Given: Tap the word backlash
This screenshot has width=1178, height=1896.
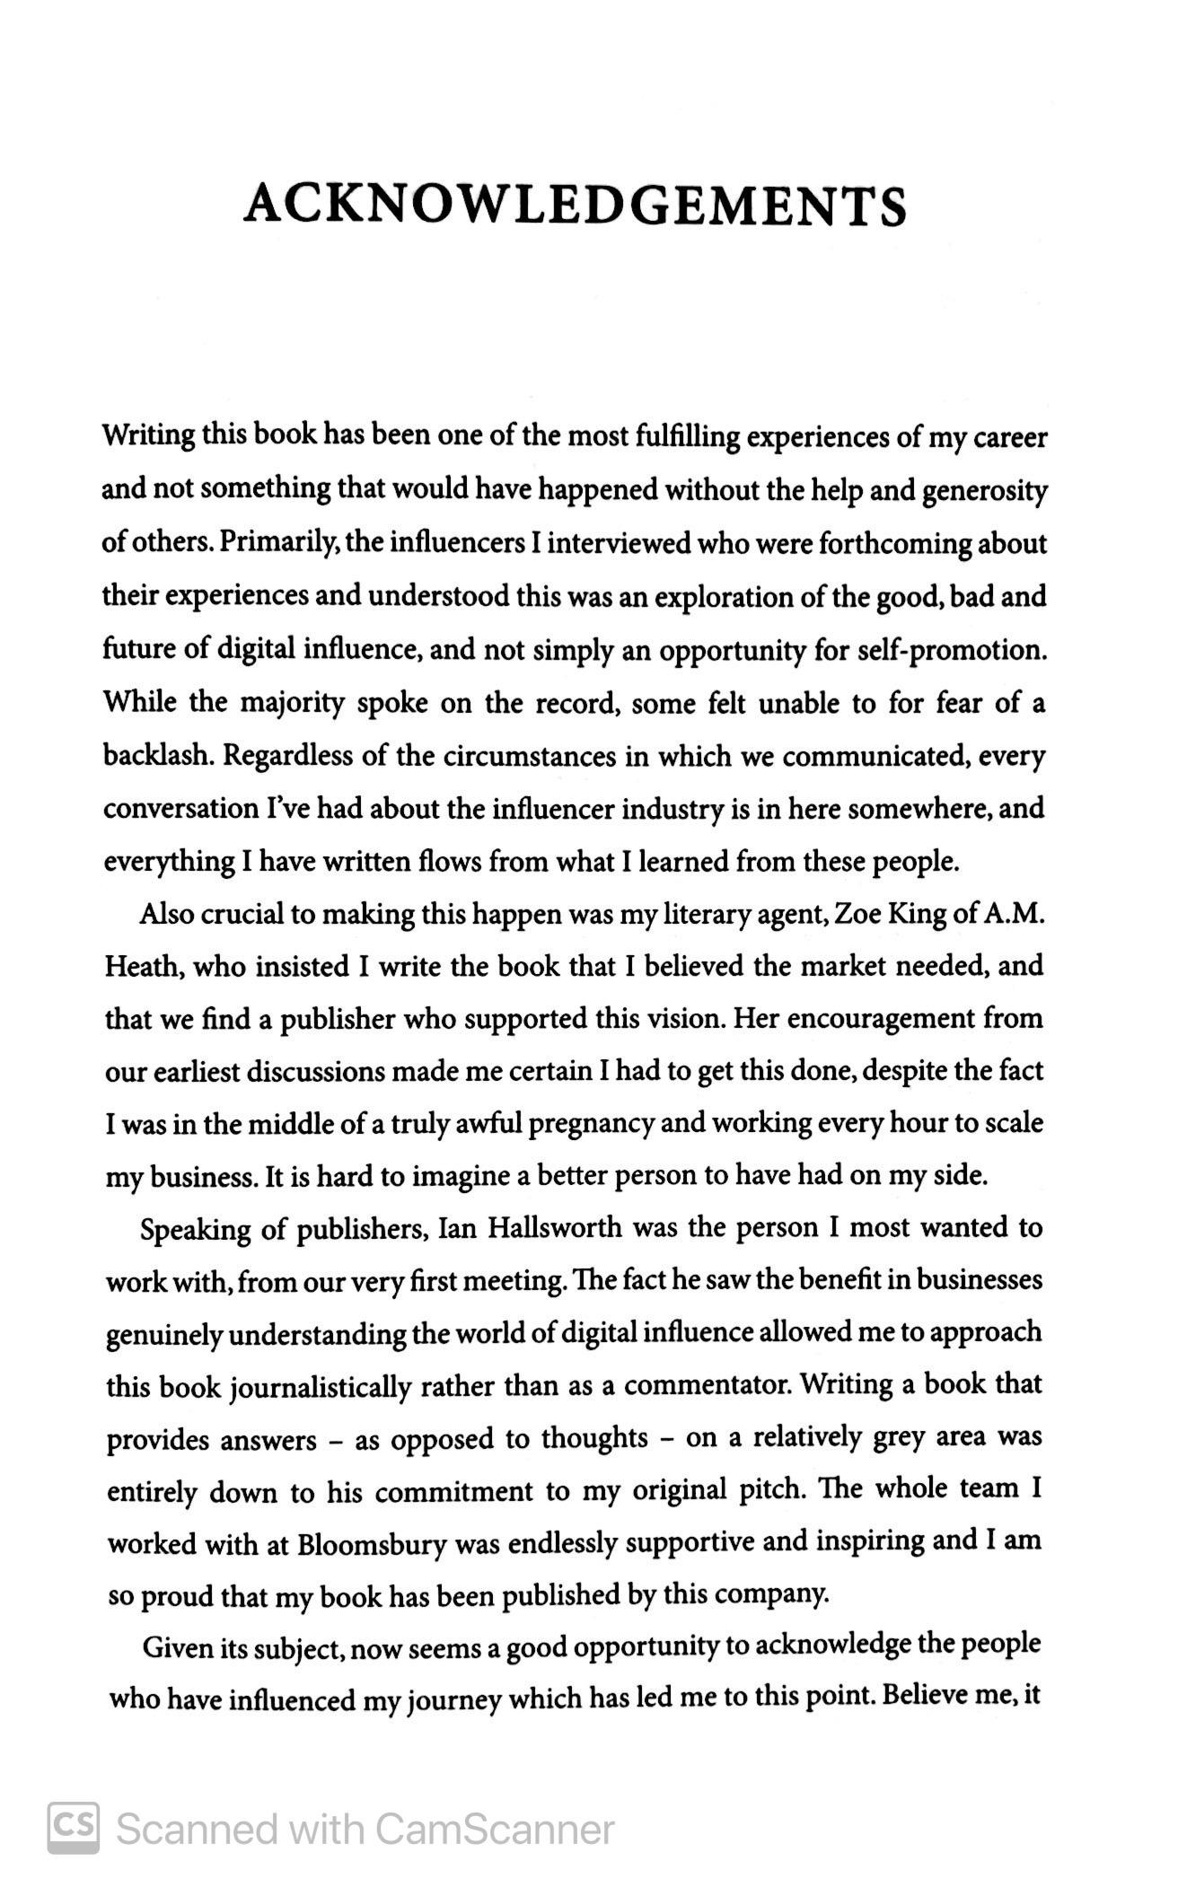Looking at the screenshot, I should click(x=158, y=756).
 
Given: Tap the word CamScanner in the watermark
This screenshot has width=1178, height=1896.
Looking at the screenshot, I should click(x=495, y=1829).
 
